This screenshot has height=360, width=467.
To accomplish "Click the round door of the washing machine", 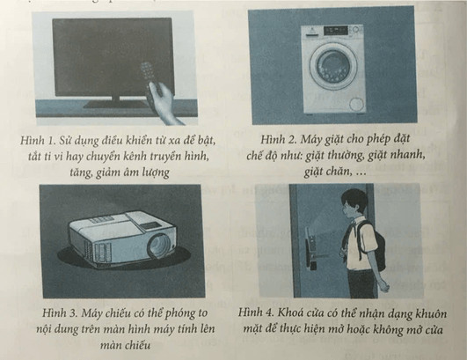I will [332, 66].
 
